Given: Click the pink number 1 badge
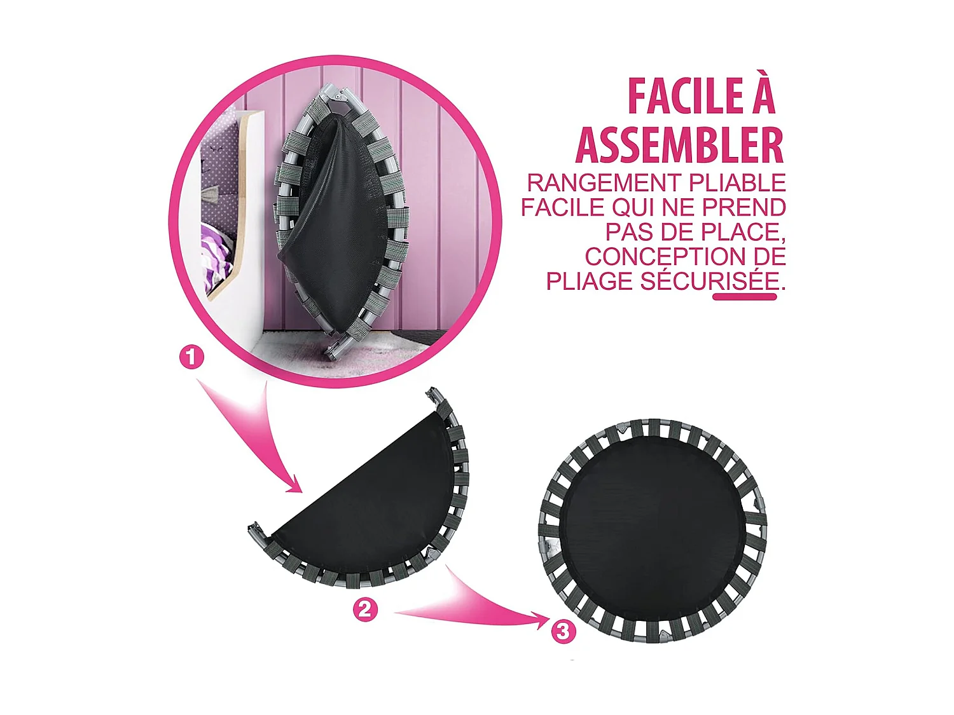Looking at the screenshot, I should coord(191,357).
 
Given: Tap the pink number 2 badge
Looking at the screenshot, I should coord(365,609).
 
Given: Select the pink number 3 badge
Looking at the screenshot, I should coord(563,631).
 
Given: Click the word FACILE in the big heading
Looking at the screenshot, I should coord(685,97).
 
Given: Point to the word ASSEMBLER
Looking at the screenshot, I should coord(679,146).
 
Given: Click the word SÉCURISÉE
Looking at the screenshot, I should coord(710,281).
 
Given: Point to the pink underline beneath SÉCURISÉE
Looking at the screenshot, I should coord(745,297).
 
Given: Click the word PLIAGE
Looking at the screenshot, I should coord(589,281).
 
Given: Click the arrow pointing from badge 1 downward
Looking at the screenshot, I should coord(254,432).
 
